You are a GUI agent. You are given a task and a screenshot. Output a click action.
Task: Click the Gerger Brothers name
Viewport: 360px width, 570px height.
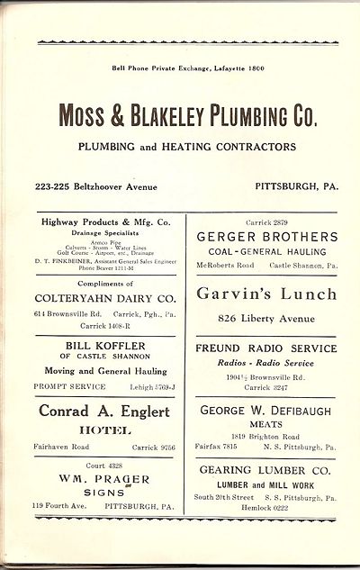267,236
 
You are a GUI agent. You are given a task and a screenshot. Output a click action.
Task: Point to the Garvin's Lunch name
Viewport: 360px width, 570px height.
267,293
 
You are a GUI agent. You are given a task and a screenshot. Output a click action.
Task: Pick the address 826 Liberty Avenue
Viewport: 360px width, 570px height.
267,318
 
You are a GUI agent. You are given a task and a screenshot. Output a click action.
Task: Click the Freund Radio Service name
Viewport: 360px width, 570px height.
267,348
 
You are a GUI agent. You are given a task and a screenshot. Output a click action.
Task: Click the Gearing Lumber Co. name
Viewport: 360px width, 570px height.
267,471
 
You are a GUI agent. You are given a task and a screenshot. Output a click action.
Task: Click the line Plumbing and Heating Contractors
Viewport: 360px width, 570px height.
186,147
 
